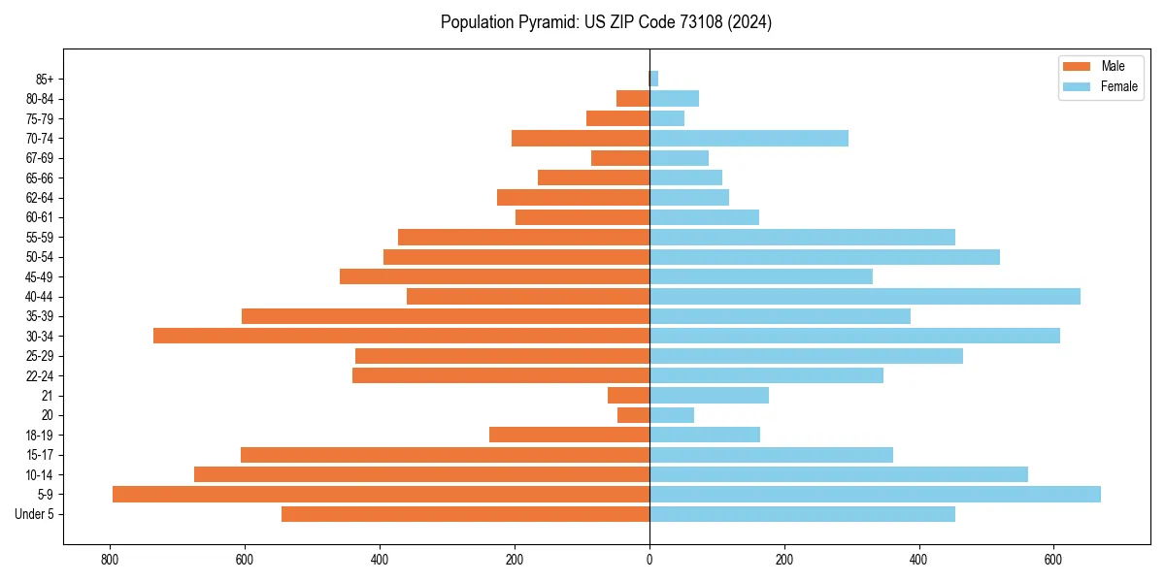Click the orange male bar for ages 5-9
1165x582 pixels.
pyautogui.click(x=381, y=494)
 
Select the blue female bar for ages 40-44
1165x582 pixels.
pyautogui.click(x=864, y=296)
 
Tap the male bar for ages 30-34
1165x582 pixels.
pyautogui.click(x=401, y=336)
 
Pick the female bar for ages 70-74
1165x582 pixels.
pyautogui.click(x=749, y=138)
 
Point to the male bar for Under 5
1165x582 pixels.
pyautogui.click(x=465, y=514)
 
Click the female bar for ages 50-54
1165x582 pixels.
pyautogui.click(x=824, y=257)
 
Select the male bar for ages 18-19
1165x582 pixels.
pyautogui.click(x=569, y=435)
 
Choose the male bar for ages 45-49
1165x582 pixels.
pyautogui.click(x=494, y=276)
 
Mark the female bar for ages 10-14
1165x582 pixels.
pyautogui.click(x=838, y=474)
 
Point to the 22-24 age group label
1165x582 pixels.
pyautogui.click(x=40, y=375)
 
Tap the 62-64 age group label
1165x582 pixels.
pyautogui.click(x=40, y=197)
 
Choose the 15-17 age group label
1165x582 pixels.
pyautogui.click(x=40, y=455)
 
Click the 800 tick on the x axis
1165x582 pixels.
pyautogui.click(x=110, y=560)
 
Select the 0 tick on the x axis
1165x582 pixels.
pyautogui.click(x=649, y=560)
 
